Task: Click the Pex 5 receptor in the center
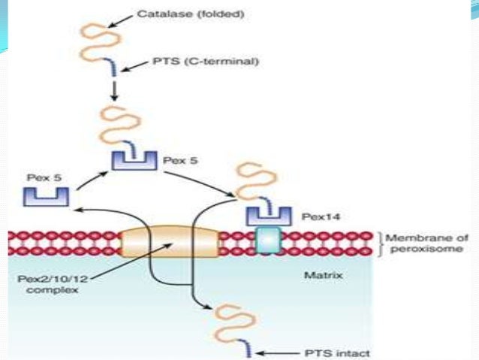coord(133,160)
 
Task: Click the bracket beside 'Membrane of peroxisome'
coord(380,244)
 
